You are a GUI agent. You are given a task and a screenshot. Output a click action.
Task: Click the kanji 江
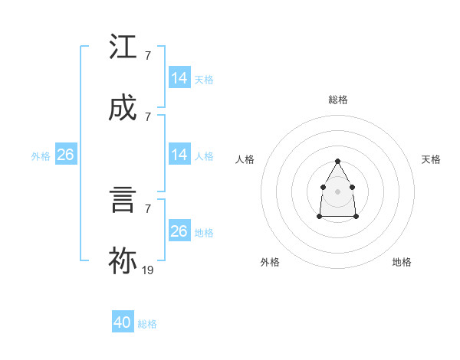123,47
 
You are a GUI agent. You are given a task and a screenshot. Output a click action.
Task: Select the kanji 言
123,201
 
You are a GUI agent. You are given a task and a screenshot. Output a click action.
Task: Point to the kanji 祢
123,261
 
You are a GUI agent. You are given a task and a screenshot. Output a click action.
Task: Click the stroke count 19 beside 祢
148,270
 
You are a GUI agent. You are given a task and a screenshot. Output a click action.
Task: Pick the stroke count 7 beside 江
147,56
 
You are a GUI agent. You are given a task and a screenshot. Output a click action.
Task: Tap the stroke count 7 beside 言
147,208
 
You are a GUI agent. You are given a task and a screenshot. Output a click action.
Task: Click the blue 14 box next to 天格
179,78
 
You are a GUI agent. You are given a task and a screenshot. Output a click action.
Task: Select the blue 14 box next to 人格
179,155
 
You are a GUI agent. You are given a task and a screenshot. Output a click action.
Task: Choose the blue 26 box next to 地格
179,231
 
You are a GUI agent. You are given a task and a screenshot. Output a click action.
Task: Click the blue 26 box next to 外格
65,155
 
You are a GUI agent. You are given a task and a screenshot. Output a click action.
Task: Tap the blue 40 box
123,322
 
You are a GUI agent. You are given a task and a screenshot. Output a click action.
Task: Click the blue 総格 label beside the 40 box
147,324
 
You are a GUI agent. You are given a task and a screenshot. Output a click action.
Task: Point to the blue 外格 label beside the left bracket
41,156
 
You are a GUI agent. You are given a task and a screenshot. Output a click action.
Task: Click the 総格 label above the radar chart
338,100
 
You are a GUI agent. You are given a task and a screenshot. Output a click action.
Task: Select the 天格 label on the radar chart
432,159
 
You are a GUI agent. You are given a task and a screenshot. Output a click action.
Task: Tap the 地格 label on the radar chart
402,262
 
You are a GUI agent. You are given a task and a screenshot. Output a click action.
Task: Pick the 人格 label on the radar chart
245,159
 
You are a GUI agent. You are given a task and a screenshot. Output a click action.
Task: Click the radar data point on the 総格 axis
337,161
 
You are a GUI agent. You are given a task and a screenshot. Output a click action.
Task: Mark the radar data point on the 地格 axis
356,217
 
